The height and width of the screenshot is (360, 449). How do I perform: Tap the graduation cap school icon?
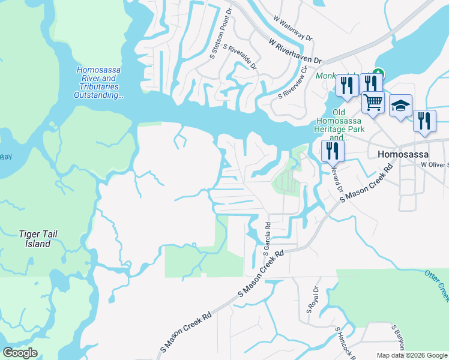click(400, 107)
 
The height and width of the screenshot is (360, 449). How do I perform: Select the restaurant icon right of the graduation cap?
click(424, 122)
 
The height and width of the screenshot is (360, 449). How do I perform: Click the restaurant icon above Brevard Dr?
click(333, 151)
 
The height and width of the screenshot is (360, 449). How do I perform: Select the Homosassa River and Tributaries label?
click(99, 82)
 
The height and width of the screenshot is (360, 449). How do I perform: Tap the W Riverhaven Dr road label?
click(296, 52)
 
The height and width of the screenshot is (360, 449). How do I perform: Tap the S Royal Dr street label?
click(312, 299)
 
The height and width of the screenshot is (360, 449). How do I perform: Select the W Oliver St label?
click(435, 164)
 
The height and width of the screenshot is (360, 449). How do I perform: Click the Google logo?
click(20, 353)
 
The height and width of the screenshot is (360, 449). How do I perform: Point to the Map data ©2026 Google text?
click(412, 355)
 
